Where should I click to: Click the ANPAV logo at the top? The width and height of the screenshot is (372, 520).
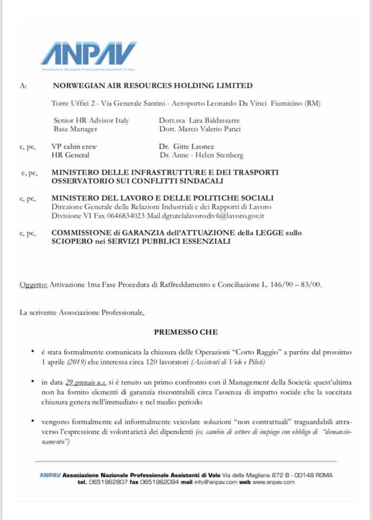pyautogui.click(x=88, y=55)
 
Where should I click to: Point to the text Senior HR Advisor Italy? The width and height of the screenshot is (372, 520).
pyautogui.click(x=91, y=120)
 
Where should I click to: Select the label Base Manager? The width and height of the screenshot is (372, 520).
pyautogui.click(x=75, y=129)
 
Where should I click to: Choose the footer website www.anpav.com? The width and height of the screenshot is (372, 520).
pyautogui.click(x=273, y=482)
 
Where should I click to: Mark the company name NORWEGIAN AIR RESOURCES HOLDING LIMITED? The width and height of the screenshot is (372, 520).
pyautogui.click(x=152, y=85)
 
